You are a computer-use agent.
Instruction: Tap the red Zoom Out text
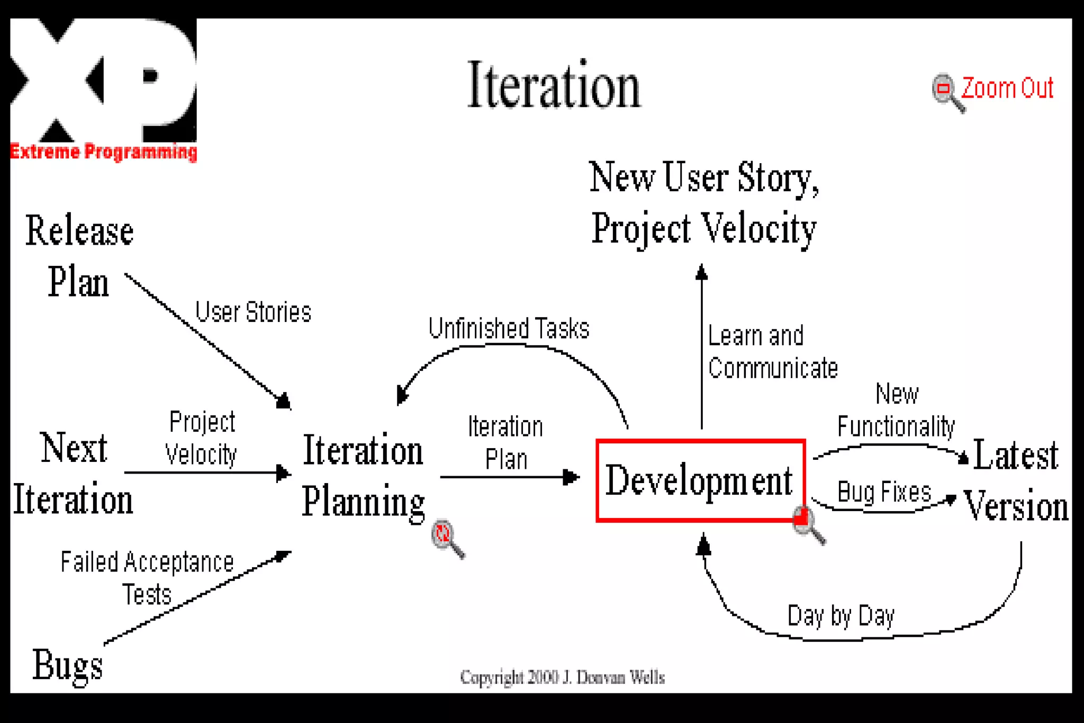point(1007,88)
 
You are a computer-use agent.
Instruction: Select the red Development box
point(700,480)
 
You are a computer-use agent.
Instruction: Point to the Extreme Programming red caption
point(104,152)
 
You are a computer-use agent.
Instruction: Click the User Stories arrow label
point(253,312)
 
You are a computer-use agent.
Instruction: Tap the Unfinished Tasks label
point(509,328)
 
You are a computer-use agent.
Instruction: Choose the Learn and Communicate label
point(772,352)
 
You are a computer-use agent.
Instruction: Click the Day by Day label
point(841,616)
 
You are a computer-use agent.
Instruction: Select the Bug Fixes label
point(884,492)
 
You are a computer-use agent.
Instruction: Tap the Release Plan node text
point(79,256)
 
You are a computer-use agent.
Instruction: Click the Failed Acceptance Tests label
point(147,577)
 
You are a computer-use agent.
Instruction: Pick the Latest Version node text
point(1015,480)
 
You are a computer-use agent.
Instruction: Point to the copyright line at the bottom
point(562,677)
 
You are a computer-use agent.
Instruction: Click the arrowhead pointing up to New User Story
point(702,272)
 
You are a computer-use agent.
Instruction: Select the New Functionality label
point(896,410)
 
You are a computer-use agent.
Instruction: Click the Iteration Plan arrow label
point(505,443)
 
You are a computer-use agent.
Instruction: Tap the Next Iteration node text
point(73,474)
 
